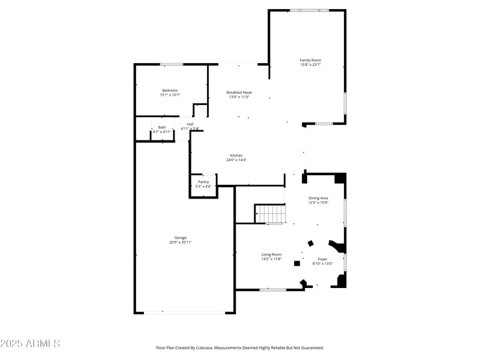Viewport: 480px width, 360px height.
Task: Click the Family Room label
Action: click(x=310, y=60)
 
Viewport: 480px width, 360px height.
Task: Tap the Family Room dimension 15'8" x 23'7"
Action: click(x=310, y=65)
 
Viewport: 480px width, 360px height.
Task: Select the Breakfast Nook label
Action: click(x=239, y=92)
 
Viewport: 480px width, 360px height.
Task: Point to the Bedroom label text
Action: click(x=170, y=90)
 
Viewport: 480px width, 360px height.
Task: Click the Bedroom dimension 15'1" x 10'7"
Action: click(x=170, y=95)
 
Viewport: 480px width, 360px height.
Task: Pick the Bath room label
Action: click(x=162, y=127)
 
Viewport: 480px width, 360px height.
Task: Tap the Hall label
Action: click(x=190, y=124)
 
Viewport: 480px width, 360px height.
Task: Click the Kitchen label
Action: click(x=236, y=155)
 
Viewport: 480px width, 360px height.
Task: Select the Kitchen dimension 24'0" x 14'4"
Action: click(x=236, y=160)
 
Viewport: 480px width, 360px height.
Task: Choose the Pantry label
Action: click(x=203, y=182)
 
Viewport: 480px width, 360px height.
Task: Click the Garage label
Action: click(x=181, y=238)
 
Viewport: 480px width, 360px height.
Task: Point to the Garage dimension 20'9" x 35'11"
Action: click(x=181, y=242)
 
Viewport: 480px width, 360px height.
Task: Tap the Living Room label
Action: click(x=271, y=254)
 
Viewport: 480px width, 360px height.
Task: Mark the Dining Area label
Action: click(x=318, y=198)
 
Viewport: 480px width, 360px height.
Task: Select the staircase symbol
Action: click(x=271, y=214)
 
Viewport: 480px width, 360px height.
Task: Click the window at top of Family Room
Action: click(x=309, y=10)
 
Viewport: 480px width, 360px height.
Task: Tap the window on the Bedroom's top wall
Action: click(x=172, y=64)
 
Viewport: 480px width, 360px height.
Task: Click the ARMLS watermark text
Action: click(x=30, y=344)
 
